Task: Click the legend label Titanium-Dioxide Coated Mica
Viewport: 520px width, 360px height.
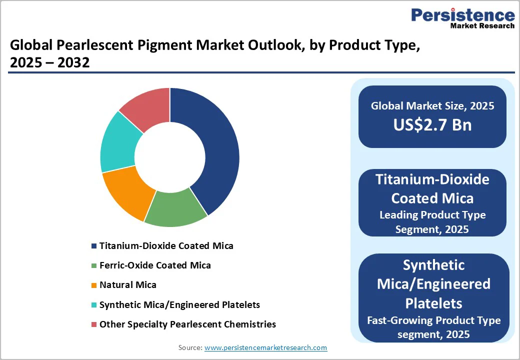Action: point(166,246)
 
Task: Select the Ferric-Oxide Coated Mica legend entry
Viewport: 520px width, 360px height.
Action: point(155,265)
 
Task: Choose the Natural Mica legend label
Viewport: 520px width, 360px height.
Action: point(127,285)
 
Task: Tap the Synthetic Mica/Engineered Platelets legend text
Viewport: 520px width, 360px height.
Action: point(179,304)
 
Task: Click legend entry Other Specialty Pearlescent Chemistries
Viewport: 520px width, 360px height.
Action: point(187,324)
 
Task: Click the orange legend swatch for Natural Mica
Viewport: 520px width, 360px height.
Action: point(93,285)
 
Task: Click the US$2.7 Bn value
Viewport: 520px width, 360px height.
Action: point(432,124)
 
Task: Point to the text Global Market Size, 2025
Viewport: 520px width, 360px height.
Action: point(432,106)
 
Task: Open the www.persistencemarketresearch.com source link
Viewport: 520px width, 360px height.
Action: point(265,347)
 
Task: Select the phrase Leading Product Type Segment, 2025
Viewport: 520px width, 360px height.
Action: point(432,222)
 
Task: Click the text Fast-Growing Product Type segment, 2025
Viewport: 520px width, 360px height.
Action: point(433,327)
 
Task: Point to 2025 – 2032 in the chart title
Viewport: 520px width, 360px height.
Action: point(49,63)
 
